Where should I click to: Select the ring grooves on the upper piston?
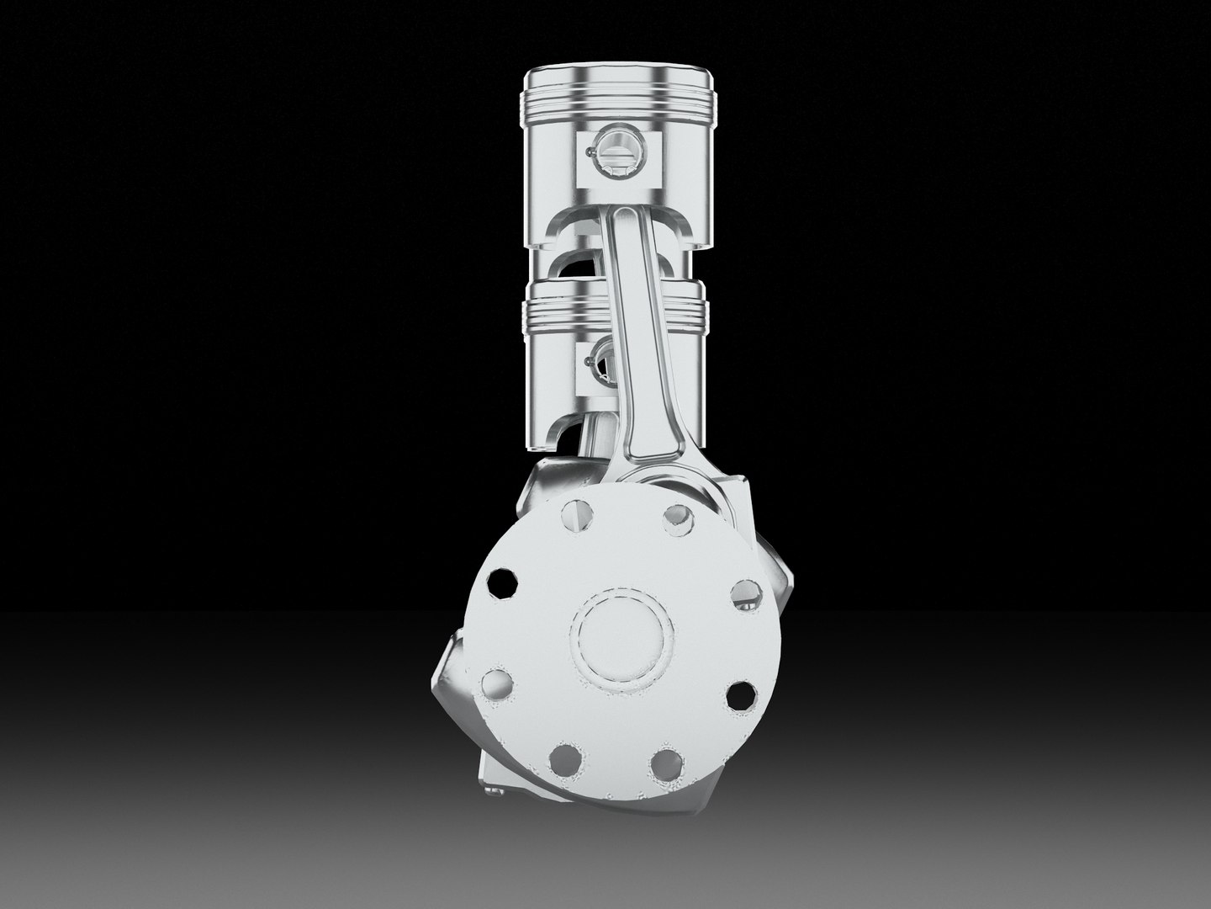(x=618, y=102)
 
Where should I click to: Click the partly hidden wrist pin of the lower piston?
(x=603, y=359)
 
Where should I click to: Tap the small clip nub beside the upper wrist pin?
(x=587, y=153)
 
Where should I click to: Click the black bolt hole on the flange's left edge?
(x=503, y=582)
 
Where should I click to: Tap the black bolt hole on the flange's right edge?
(x=740, y=695)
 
